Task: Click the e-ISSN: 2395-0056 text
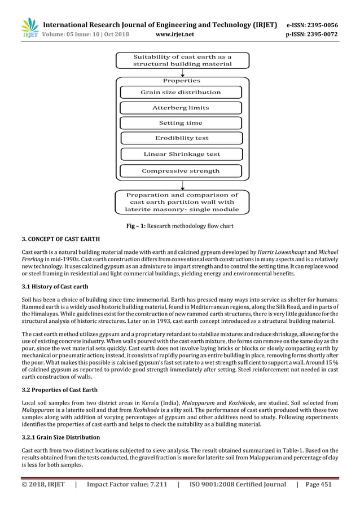coord(319,25)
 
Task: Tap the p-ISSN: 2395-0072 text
coord(319,35)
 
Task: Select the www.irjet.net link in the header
coord(177,35)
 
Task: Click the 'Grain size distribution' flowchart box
coord(181,92)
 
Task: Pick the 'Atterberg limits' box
coord(181,107)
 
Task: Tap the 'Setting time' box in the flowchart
coord(181,122)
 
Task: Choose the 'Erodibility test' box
coord(181,138)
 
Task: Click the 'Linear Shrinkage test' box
coord(181,153)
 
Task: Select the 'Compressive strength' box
coord(181,170)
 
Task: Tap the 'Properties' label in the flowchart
coord(181,81)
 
